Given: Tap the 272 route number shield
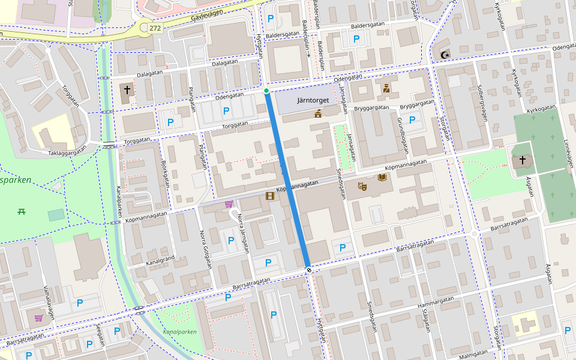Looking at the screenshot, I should click(155, 28).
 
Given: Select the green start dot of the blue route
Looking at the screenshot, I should click(266, 91).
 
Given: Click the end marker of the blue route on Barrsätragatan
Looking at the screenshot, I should click(308, 270).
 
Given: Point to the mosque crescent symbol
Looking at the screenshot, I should click(445, 55).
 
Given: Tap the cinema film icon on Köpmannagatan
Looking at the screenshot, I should click(270, 196).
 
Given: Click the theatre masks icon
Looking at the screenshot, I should click(362, 187).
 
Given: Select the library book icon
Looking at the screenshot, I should click(382, 178).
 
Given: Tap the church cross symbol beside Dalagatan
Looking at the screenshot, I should click(127, 90).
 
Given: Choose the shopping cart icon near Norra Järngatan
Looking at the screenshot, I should click(229, 205).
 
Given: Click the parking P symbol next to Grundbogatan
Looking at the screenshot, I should click(412, 119).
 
